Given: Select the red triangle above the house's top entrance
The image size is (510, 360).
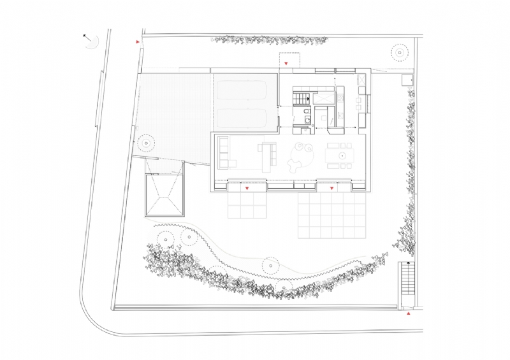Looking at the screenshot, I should click(288, 63).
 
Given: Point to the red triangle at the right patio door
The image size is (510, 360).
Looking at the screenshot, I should click(332, 189).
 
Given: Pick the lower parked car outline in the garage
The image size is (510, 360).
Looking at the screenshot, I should click(244, 118).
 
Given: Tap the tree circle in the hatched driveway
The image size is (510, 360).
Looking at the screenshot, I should click(147, 142).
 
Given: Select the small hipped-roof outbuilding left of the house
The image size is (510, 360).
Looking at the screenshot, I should click(163, 197).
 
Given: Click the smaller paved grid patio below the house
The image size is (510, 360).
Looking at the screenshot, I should click(247, 205).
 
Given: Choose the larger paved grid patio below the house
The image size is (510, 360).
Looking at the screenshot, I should click(332, 215).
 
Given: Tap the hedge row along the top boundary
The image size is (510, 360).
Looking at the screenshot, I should click(271, 40).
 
